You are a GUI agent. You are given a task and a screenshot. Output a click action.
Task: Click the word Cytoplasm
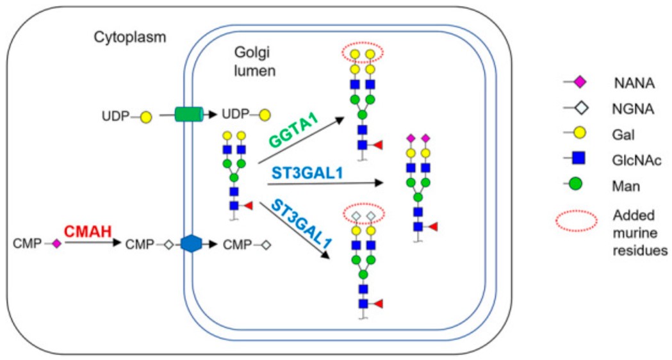point(129,37)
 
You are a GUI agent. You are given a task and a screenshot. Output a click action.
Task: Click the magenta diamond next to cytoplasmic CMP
point(56,244)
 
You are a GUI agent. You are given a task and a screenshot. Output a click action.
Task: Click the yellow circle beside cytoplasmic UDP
point(145,117)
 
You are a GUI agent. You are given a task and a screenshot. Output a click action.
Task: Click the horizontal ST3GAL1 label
point(300,174)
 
